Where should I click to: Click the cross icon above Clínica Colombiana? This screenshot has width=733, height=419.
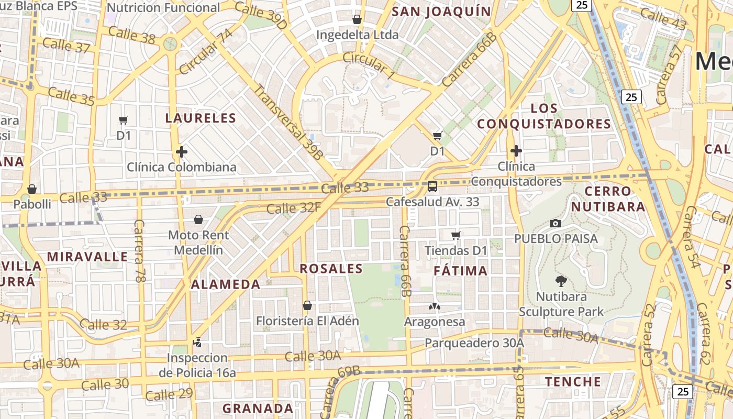pyautogui.click(x=182, y=152)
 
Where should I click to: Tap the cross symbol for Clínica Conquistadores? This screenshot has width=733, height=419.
pyautogui.click(x=516, y=151)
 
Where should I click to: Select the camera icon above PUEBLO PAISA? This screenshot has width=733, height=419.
pyautogui.click(x=556, y=224)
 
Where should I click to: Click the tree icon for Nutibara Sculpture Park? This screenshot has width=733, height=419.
pyautogui.click(x=561, y=281)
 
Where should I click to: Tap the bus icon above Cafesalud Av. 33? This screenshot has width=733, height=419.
pyautogui.click(x=432, y=186)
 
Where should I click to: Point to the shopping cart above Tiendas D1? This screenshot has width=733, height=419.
pyautogui.click(x=456, y=236)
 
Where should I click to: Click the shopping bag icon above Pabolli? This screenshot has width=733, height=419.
pyautogui.click(x=32, y=189)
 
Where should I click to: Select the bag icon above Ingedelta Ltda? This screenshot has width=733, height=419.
pyautogui.click(x=357, y=20)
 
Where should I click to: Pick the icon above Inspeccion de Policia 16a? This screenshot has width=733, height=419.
pyautogui.click(x=197, y=343)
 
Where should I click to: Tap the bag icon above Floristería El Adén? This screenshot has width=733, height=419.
pyautogui.click(x=307, y=305)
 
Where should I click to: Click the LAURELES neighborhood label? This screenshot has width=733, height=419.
pyautogui.click(x=201, y=118)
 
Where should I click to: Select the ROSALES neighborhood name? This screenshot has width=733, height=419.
pyautogui.click(x=331, y=269)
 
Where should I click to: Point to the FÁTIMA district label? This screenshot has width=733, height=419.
pyautogui.click(x=461, y=271)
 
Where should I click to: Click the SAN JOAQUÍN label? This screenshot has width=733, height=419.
pyautogui.click(x=441, y=12)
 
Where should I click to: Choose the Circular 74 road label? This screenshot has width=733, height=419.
pyautogui.click(x=205, y=52)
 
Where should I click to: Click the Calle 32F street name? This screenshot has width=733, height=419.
pyautogui.click(x=293, y=208)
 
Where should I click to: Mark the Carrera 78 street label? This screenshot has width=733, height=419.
pyautogui.click(x=139, y=251)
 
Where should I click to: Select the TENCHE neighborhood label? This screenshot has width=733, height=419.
pyautogui.click(x=573, y=381)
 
